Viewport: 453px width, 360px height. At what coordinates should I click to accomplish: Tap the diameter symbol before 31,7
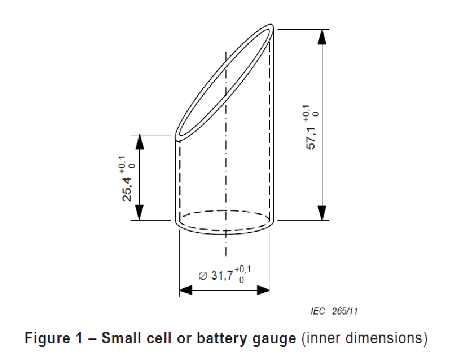tap(203, 276)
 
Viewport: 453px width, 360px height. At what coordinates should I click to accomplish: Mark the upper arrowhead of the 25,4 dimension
tap(139, 142)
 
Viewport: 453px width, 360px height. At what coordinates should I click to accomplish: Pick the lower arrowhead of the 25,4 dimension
tap(139, 213)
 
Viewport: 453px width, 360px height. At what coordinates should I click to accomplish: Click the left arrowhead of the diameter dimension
tap(186, 291)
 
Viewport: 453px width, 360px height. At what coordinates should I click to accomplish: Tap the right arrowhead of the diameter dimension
tap(263, 291)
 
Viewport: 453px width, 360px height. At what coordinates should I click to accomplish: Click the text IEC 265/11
tap(334, 311)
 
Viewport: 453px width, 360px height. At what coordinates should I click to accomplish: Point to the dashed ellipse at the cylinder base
tap(225, 212)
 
